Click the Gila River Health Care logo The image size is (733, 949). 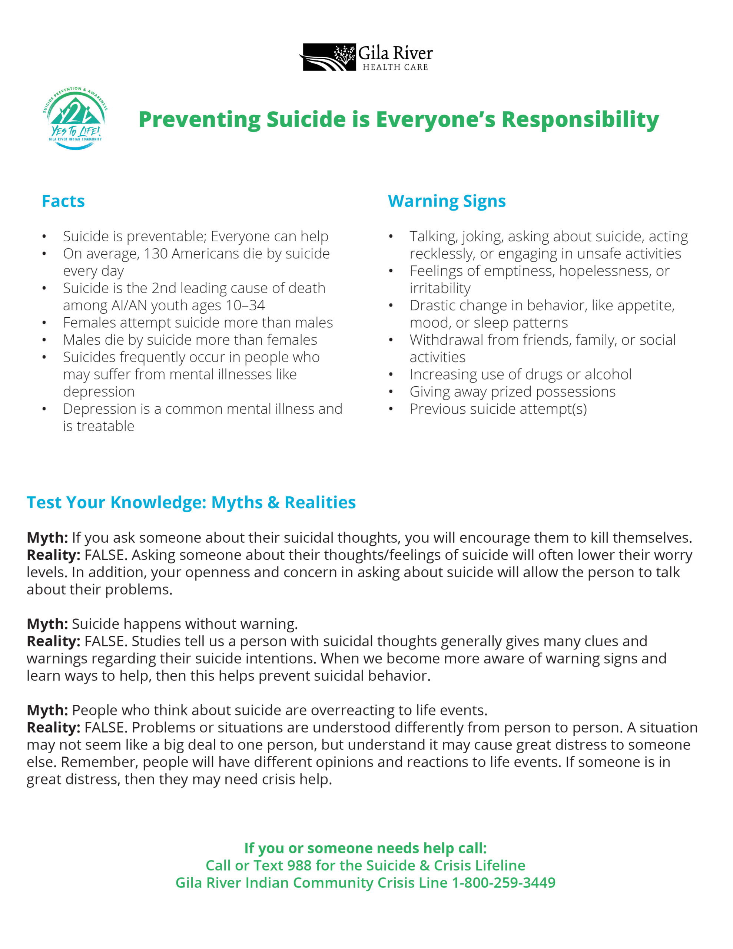[366, 57]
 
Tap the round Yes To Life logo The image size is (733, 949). [76, 119]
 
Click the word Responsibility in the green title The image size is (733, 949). [580, 119]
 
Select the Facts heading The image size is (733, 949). [63, 201]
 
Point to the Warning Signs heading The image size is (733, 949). [447, 201]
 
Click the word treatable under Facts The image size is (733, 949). [106, 426]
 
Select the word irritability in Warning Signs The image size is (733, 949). [440, 288]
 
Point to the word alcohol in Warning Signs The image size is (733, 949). [608, 374]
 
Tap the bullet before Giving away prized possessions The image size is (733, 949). [391, 392]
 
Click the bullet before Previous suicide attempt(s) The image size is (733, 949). [391, 409]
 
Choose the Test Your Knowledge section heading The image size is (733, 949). [191, 502]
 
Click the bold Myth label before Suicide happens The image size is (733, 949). [47, 624]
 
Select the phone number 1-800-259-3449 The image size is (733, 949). [504, 883]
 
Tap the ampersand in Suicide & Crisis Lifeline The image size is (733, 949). [424, 866]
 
